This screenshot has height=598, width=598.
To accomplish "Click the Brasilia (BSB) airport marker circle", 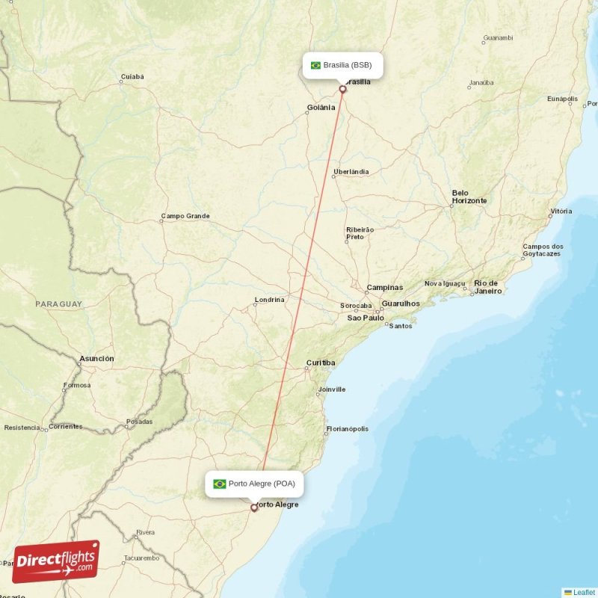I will tap(343, 90).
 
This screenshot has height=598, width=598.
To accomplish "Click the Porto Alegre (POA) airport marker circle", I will tap(254, 508).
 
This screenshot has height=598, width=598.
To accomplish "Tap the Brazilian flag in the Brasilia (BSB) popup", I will tap(315, 65).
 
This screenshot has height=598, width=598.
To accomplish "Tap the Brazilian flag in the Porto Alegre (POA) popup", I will tap(220, 484).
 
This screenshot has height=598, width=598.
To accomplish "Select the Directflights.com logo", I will tap(56, 561).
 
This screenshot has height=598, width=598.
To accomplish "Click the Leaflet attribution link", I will tap(584, 592).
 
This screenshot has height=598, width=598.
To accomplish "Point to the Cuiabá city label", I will tap(132, 76).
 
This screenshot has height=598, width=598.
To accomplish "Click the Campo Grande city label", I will tap(185, 216).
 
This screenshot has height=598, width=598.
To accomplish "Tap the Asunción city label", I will tap(97, 359).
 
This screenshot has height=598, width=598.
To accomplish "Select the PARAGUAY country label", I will tap(58, 304).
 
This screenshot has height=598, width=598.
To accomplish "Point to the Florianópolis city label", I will tap(347, 429).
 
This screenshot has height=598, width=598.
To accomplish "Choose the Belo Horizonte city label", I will tap(469, 197).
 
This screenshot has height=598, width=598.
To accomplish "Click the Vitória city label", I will tap(561, 212).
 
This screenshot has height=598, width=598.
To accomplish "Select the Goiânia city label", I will tap(321, 108).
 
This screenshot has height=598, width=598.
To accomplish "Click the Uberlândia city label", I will tap(351, 172).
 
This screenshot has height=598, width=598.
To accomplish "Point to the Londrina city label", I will tap(269, 300).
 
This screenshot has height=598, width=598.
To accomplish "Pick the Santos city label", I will tap(401, 326).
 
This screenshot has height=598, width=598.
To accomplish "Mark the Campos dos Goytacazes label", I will tap(543, 250).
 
